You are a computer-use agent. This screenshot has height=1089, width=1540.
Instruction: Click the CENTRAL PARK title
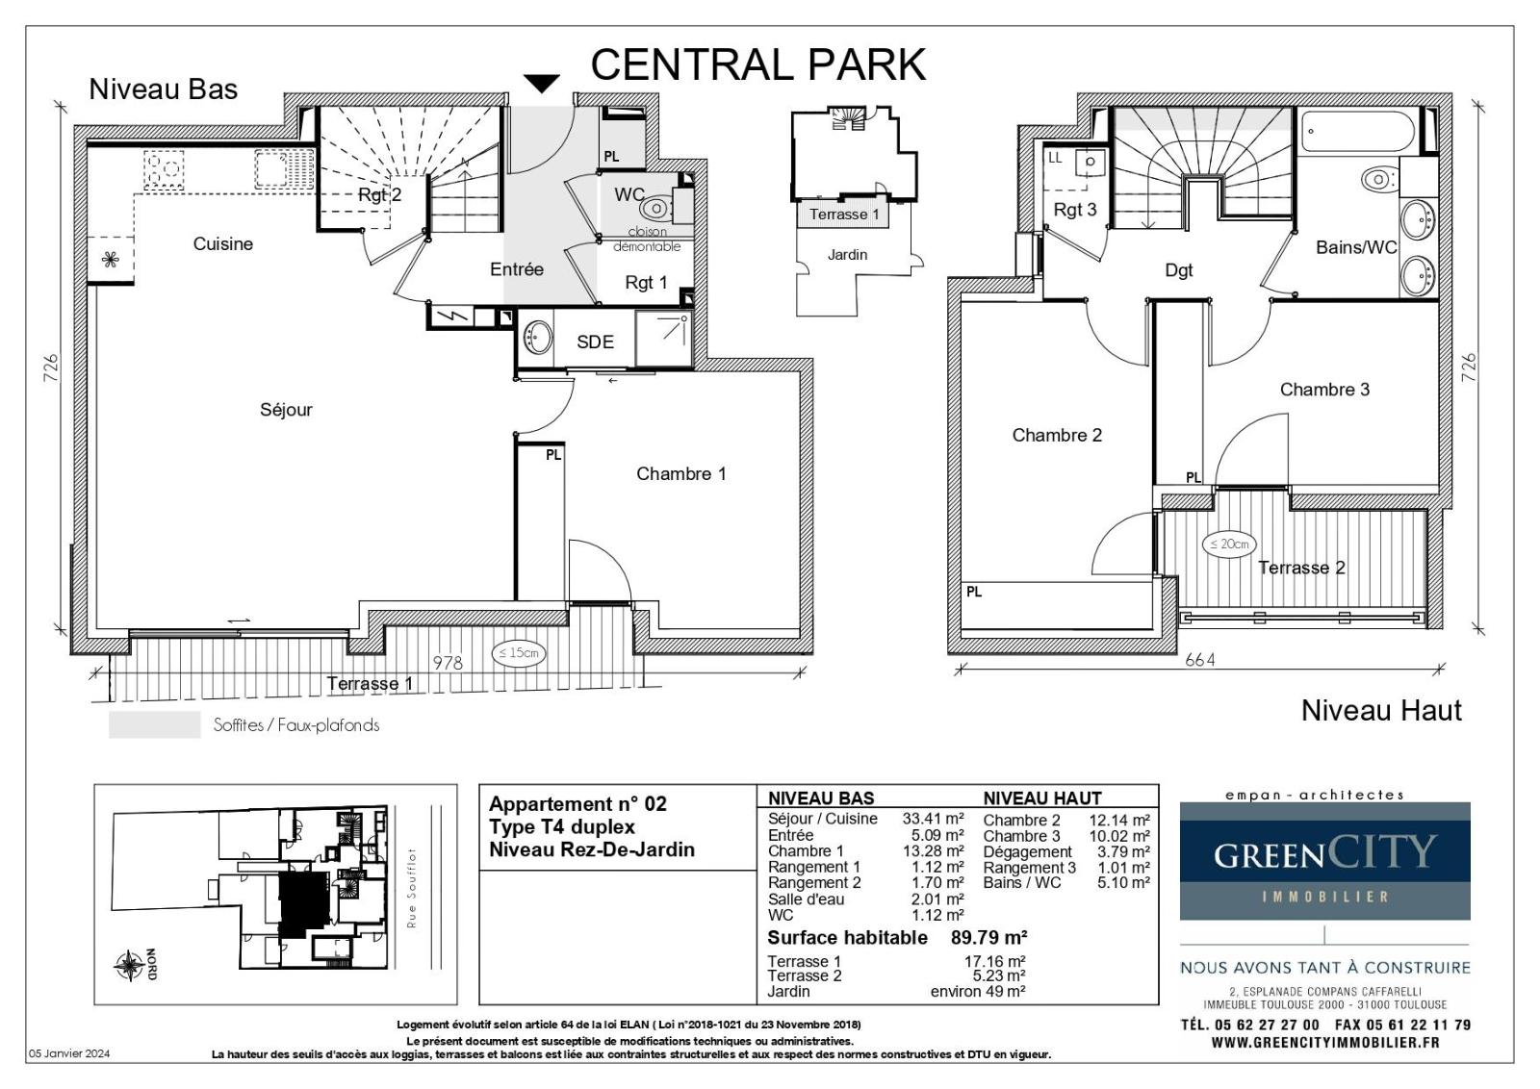tap(757, 64)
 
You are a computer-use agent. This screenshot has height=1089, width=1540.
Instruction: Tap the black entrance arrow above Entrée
tap(542, 83)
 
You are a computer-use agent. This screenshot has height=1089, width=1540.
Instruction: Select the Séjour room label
tap(286, 410)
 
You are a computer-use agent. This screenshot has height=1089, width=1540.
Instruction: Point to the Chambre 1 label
tap(680, 473)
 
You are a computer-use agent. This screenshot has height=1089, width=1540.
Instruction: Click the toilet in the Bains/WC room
tap(1377, 180)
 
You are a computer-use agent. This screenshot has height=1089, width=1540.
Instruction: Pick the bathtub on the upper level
tap(1358, 131)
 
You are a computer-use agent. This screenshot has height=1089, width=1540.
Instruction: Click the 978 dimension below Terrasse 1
tap(448, 662)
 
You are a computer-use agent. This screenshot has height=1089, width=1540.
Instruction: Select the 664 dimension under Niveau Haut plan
tap(1200, 660)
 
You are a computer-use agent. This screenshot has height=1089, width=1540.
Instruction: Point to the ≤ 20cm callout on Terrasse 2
tap(1229, 544)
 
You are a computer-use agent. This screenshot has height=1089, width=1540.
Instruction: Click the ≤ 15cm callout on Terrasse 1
tap(519, 652)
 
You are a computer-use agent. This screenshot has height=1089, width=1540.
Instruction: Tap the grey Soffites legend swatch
tap(155, 724)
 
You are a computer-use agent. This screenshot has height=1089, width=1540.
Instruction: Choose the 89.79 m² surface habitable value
tap(988, 937)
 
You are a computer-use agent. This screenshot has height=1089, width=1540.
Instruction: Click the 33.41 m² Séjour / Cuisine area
tap(933, 819)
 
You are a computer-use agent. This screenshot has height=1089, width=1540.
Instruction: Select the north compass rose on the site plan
tap(129, 965)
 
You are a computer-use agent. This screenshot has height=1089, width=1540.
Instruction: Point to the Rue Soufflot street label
tap(412, 888)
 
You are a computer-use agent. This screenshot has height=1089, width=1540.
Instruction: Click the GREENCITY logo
tap(1324, 861)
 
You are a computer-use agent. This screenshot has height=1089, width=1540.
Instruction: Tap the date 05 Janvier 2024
tap(68, 1053)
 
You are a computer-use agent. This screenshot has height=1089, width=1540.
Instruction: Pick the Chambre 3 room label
tap(1324, 390)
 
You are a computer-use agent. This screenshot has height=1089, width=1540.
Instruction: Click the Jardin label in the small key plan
tap(847, 255)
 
